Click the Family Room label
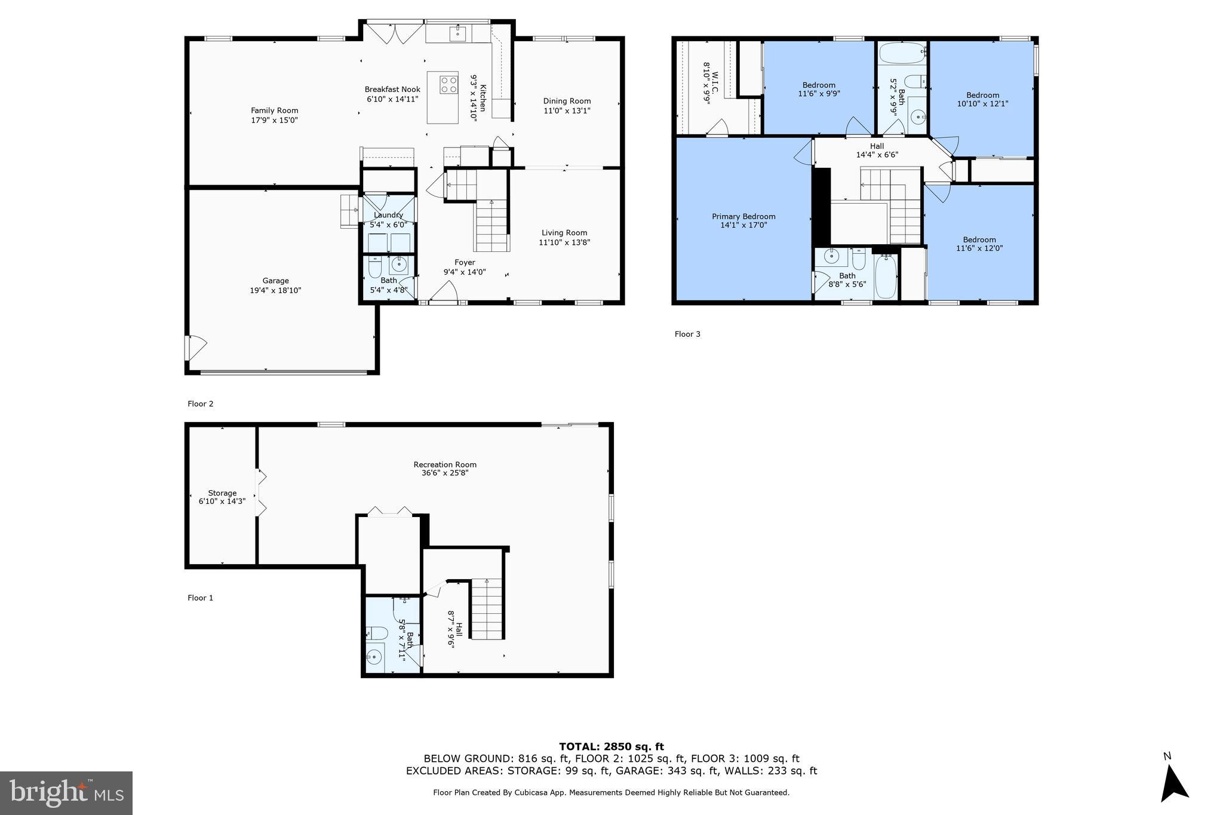[x=274, y=110]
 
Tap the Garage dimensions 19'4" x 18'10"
[x=275, y=291]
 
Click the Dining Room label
[x=567, y=101]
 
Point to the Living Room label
[x=564, y=233]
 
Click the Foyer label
[x=465, y=263]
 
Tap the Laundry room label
[x=388, y=215]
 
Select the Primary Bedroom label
[x=743, y=217]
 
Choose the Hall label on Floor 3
[x=877, y=146]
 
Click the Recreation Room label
[x=445, y=465]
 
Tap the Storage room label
[x=222, y=493]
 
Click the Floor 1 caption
[x=200, y=598]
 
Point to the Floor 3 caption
[x=687, y=334]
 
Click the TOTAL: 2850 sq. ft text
[x=611, y=746]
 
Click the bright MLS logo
[x=66, y=793]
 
